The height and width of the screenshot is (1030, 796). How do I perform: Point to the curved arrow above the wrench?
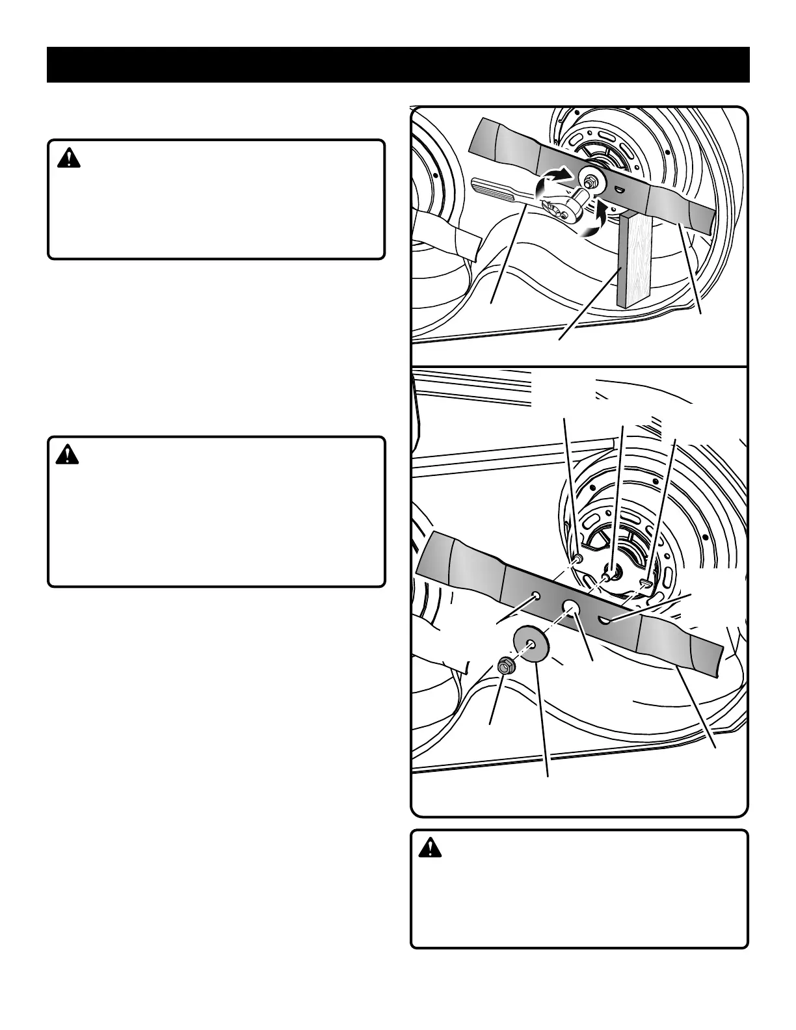pos(552,179)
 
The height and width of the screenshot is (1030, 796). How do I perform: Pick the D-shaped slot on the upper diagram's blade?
pos(620,189)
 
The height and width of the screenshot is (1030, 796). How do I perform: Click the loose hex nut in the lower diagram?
pos(505,666)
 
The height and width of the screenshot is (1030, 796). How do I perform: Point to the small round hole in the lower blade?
pos(536,595)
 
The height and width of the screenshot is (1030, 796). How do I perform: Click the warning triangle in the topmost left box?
pos(68,159)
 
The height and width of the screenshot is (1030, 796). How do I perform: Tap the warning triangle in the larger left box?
pos(67,455)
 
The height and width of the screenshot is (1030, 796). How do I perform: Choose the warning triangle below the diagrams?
pos(430,848)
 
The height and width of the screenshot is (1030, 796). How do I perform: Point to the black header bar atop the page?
pos(398,64)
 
